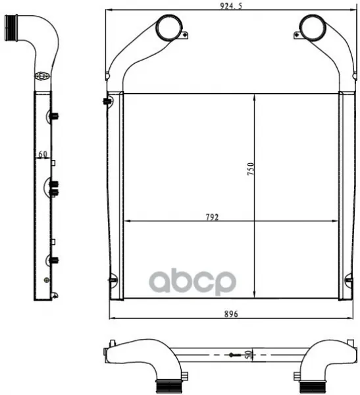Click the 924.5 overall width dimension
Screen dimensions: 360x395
(231, 6)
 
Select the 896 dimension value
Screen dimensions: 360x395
(231, 314)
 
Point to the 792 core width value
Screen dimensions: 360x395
(212, 217)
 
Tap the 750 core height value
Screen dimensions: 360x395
(251, 169)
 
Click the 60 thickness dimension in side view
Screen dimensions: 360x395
(43, 154)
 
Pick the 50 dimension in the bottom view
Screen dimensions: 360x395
(248, 355)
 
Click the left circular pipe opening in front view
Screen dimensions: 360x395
(169, 28)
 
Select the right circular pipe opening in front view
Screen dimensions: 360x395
(312, 28)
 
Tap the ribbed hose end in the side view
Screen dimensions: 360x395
(11, 28)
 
